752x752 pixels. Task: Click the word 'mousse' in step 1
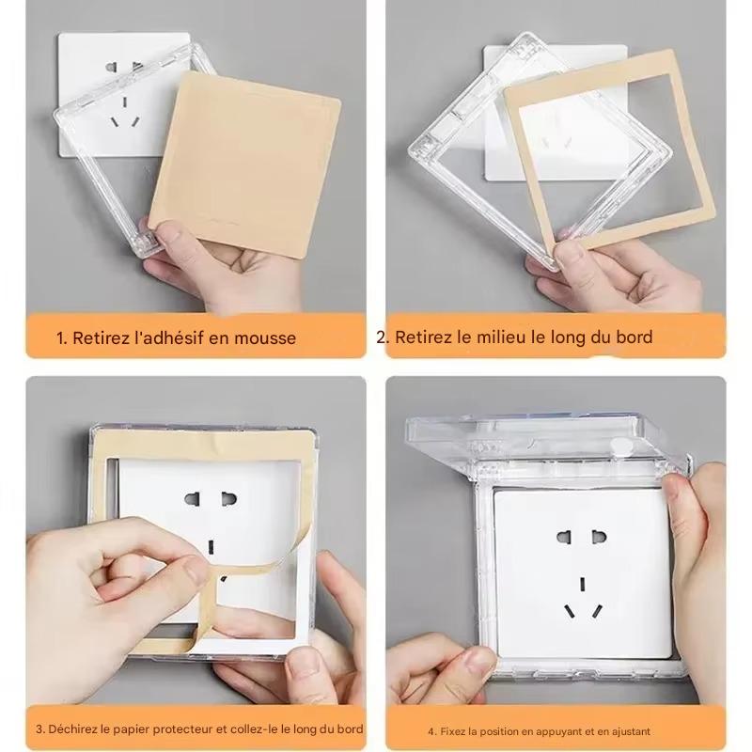click(265, 338)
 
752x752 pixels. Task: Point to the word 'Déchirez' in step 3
click(72, 729)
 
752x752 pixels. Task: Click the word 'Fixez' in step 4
click(452, 731)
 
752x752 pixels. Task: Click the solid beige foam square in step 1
click(244, 164)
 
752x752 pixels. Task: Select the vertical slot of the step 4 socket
click(583, 583)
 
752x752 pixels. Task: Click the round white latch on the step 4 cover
click(622, 445)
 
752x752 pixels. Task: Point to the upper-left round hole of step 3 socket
click(192, 499)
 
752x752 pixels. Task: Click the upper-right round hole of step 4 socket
click(600, 536)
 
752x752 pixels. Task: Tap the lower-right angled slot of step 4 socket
click(597, 611)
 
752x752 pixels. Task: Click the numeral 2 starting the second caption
click(381, 337)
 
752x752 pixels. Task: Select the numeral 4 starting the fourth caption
click(431, 732)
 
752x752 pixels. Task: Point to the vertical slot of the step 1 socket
click(125, 102)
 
